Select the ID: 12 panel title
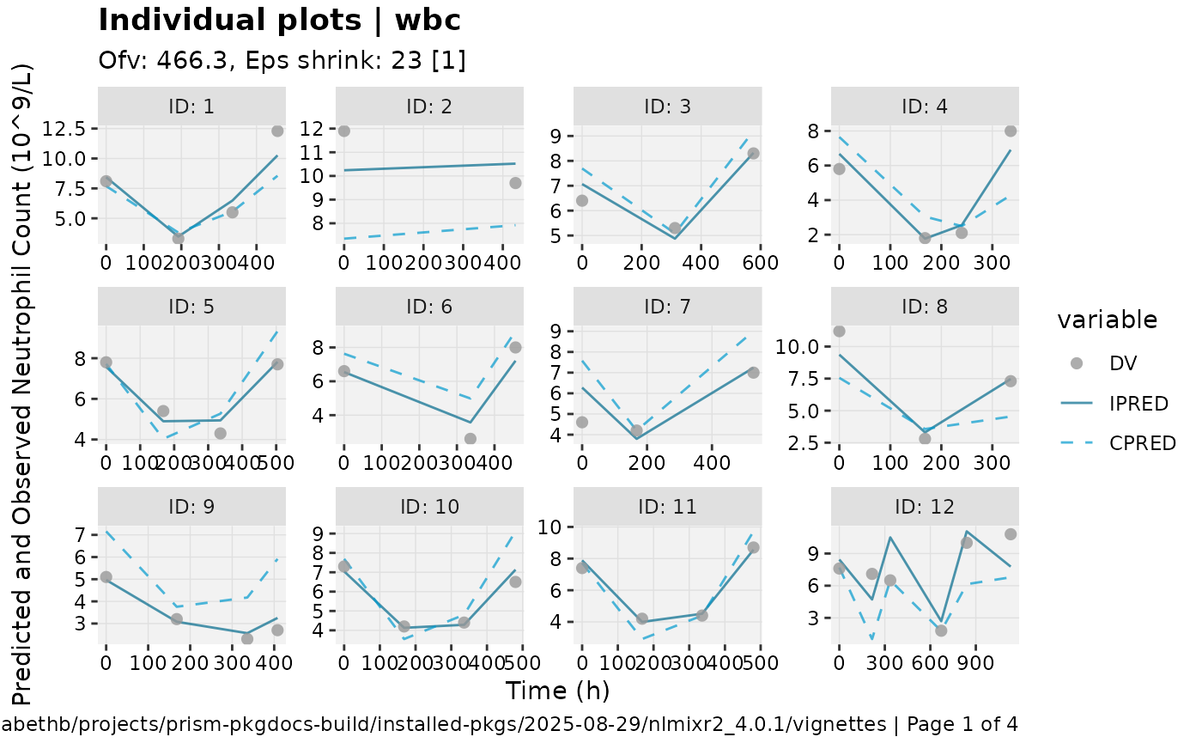[925, 506]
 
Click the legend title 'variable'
[1108, 320]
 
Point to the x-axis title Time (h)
[557, 691]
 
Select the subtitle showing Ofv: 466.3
[282, 61]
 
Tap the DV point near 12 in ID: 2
[344, 131]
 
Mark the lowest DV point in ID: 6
[470, 439]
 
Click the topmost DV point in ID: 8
[839, 331]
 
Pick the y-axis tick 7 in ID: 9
[82, 534]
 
